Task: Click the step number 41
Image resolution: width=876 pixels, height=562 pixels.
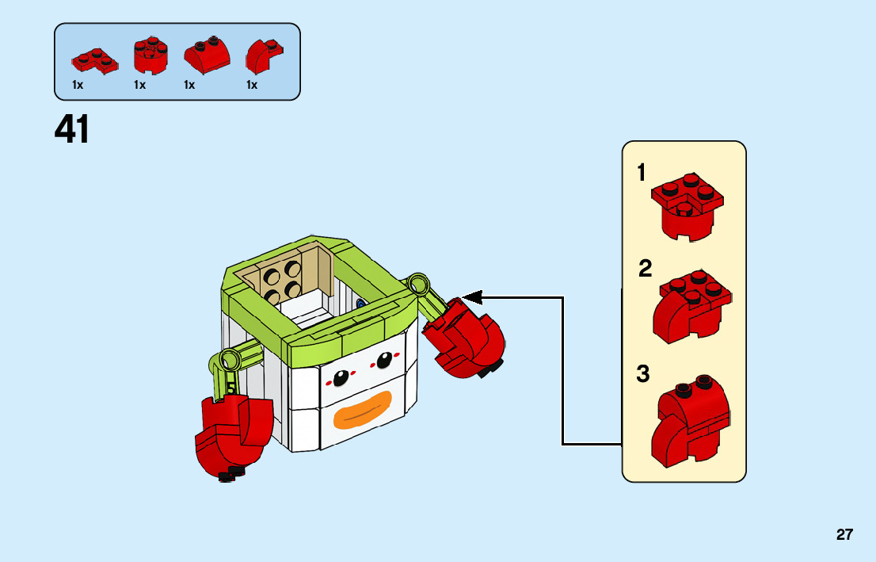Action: coord(72,130)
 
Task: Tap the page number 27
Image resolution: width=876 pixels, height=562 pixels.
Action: coord(844,534)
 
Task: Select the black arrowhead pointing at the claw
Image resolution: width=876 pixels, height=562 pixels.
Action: coord(472,297)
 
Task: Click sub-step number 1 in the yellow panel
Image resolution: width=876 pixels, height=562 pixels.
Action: coord(642,173)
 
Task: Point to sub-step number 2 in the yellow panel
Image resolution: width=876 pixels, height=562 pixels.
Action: coord(646,269)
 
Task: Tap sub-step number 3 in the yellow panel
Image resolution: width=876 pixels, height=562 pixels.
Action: coord(643,374)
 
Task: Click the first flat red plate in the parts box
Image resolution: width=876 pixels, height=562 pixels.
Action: coord(94,59)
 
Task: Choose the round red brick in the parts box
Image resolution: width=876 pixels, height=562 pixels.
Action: coord(150,55)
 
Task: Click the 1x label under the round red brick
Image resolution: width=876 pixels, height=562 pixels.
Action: coord(140,85)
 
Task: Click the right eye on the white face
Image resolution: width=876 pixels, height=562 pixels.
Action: coord(384,360)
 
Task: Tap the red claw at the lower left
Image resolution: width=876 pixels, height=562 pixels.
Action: coord(233,432)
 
